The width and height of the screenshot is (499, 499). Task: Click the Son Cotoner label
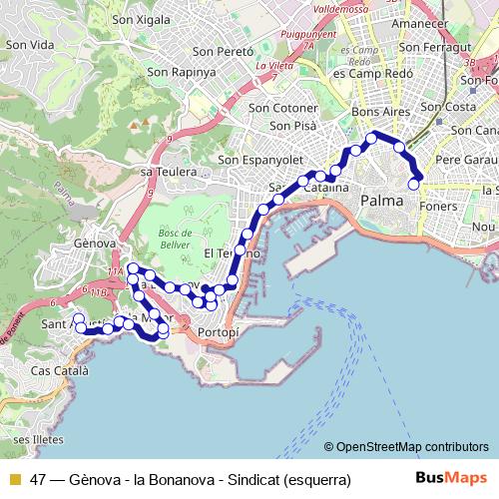point(282,108)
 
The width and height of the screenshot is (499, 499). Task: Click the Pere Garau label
point(466,159)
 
